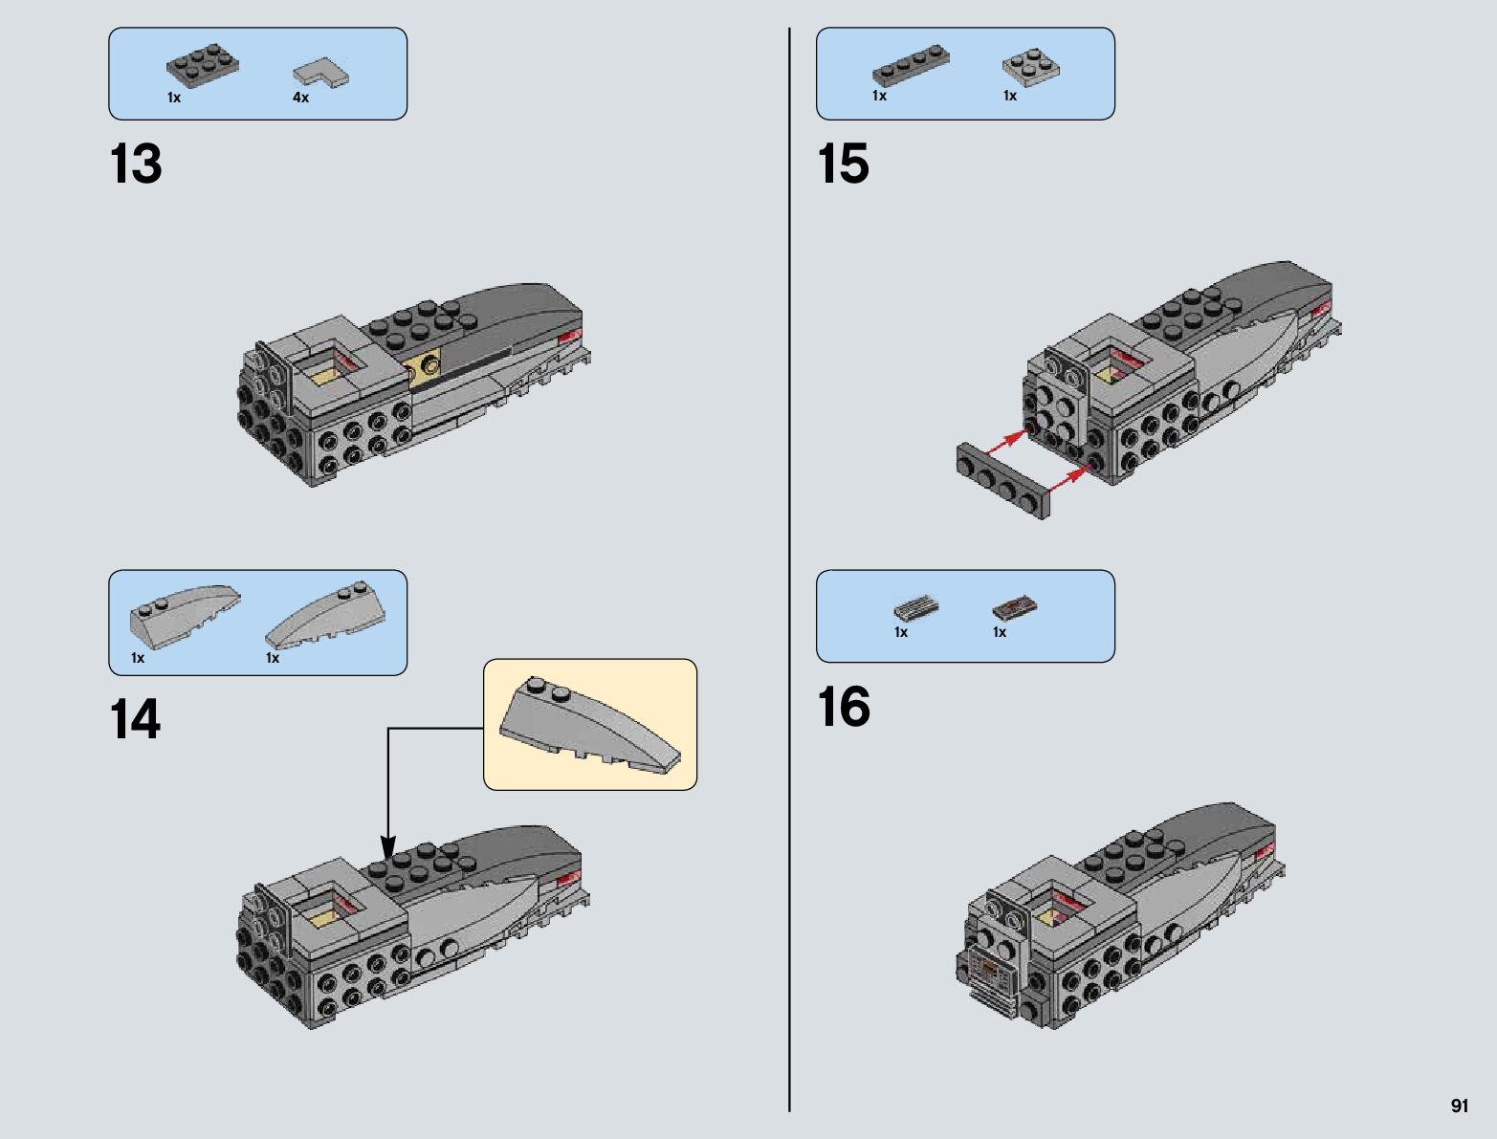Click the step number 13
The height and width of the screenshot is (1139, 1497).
[x=136, y=164]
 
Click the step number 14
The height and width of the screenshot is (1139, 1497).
[x=135, y=719]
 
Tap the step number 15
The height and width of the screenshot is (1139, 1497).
[x=843, y=164]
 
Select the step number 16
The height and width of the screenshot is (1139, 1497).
[x=844, y=706]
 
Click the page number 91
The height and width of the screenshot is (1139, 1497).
[x=1460, y=1106]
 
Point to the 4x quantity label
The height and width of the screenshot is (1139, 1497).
[x=300, y=98]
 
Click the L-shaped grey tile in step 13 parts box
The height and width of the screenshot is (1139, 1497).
[x=320, y=73]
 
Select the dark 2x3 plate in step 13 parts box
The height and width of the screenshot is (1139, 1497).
[x=203, y=66]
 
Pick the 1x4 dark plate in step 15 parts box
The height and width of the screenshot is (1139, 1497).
[x=912, y=66]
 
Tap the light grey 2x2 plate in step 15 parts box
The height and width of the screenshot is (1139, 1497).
[x=1031, y=68]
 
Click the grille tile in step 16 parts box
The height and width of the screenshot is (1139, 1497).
[x=916, y=607]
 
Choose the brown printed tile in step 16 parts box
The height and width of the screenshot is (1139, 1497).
[x=1015, y=608]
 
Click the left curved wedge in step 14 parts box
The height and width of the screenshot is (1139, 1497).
[x=185, y=610]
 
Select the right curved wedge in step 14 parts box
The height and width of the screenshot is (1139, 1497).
[x=325, y=616]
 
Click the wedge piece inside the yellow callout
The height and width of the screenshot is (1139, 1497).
[x=589, y=725]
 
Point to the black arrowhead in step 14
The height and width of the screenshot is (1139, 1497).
[x=388, y=848]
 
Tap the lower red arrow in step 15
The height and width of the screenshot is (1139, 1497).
[x=1068, y=480]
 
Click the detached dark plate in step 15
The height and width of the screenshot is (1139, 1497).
[x=1003, y=480]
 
